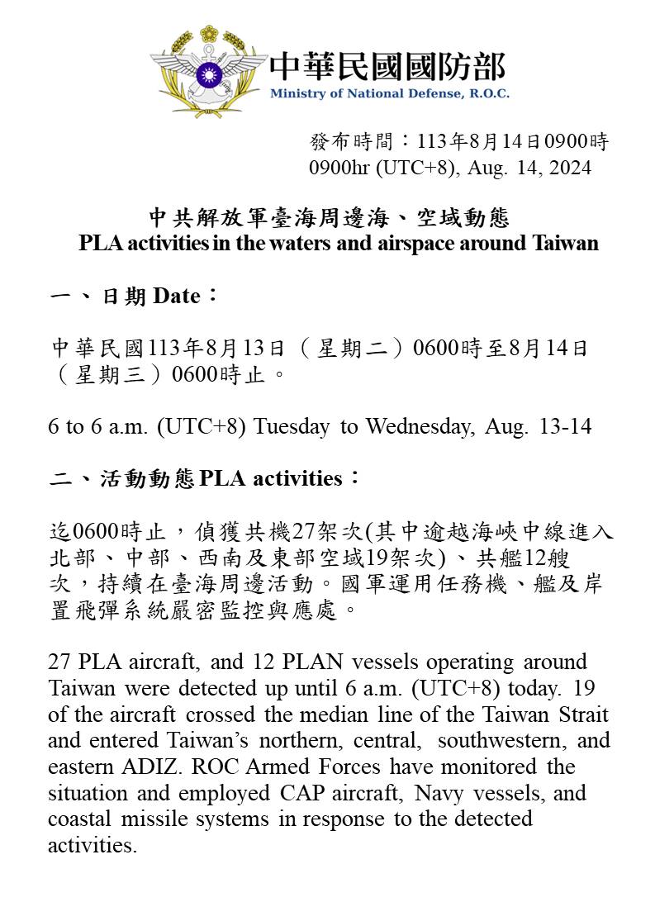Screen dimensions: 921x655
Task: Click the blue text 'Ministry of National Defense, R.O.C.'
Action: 389,93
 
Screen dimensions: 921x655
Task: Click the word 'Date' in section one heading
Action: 176,296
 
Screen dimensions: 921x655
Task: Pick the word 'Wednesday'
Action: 420,426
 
